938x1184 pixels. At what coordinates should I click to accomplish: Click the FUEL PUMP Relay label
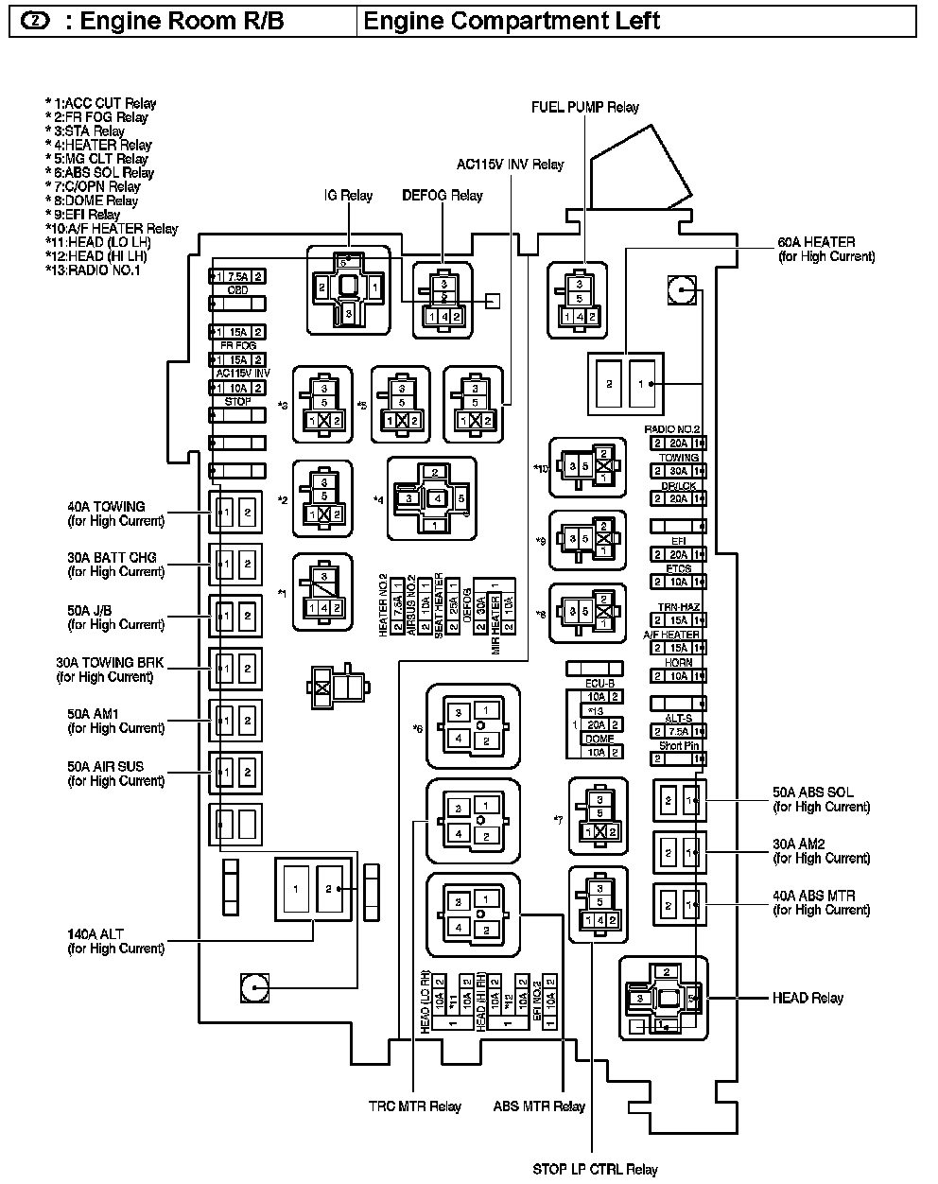click(585, 108)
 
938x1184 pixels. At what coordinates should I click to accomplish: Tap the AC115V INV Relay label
click(510, 165)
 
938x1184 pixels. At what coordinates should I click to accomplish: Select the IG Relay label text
click(349, 196)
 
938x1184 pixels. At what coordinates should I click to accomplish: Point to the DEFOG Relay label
click(443, 196)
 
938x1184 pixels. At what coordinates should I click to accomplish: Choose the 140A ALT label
click(115, 941)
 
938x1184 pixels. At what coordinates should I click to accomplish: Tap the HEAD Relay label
click(808, 999)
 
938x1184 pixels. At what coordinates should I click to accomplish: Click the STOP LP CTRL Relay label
click(595, 1170)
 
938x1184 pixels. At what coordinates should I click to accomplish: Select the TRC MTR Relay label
click(415, 1106)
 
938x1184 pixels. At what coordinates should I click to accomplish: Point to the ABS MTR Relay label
click(540, 1106)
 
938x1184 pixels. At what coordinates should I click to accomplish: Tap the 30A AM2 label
click(821, 851)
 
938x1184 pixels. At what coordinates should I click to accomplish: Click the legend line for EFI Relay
click(83, 215)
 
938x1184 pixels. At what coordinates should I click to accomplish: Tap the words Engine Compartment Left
click(512, 21)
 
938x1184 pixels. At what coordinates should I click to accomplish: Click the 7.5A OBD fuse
click(237, 276)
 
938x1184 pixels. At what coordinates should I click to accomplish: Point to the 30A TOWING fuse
click(678, 471)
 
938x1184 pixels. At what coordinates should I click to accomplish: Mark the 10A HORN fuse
click(678, 676)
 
